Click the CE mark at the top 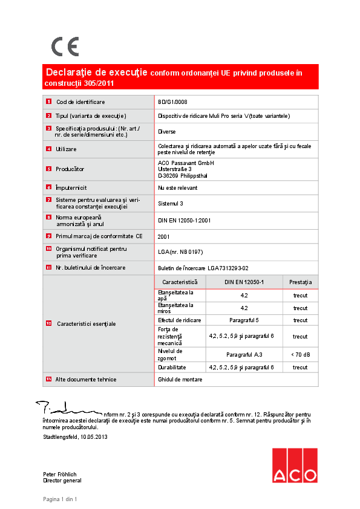click(x=65, y=47)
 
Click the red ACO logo click(x=294, y=465)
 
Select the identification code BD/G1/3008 click(x=172, y=102)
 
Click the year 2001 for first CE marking click(x=163, y=236)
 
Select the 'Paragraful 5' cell click(x=244, y=320)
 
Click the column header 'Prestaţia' click(x=300, y=282)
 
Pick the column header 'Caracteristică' click(x=180, y=282)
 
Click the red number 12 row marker click(x=48, y=324)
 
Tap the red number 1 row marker click(x=48, y=102)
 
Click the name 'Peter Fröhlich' click(x=60, y=475)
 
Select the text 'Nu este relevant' click(x=177, y=188)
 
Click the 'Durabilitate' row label click(x=172, y=367)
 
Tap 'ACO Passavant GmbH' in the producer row click(x=186, y=163)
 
